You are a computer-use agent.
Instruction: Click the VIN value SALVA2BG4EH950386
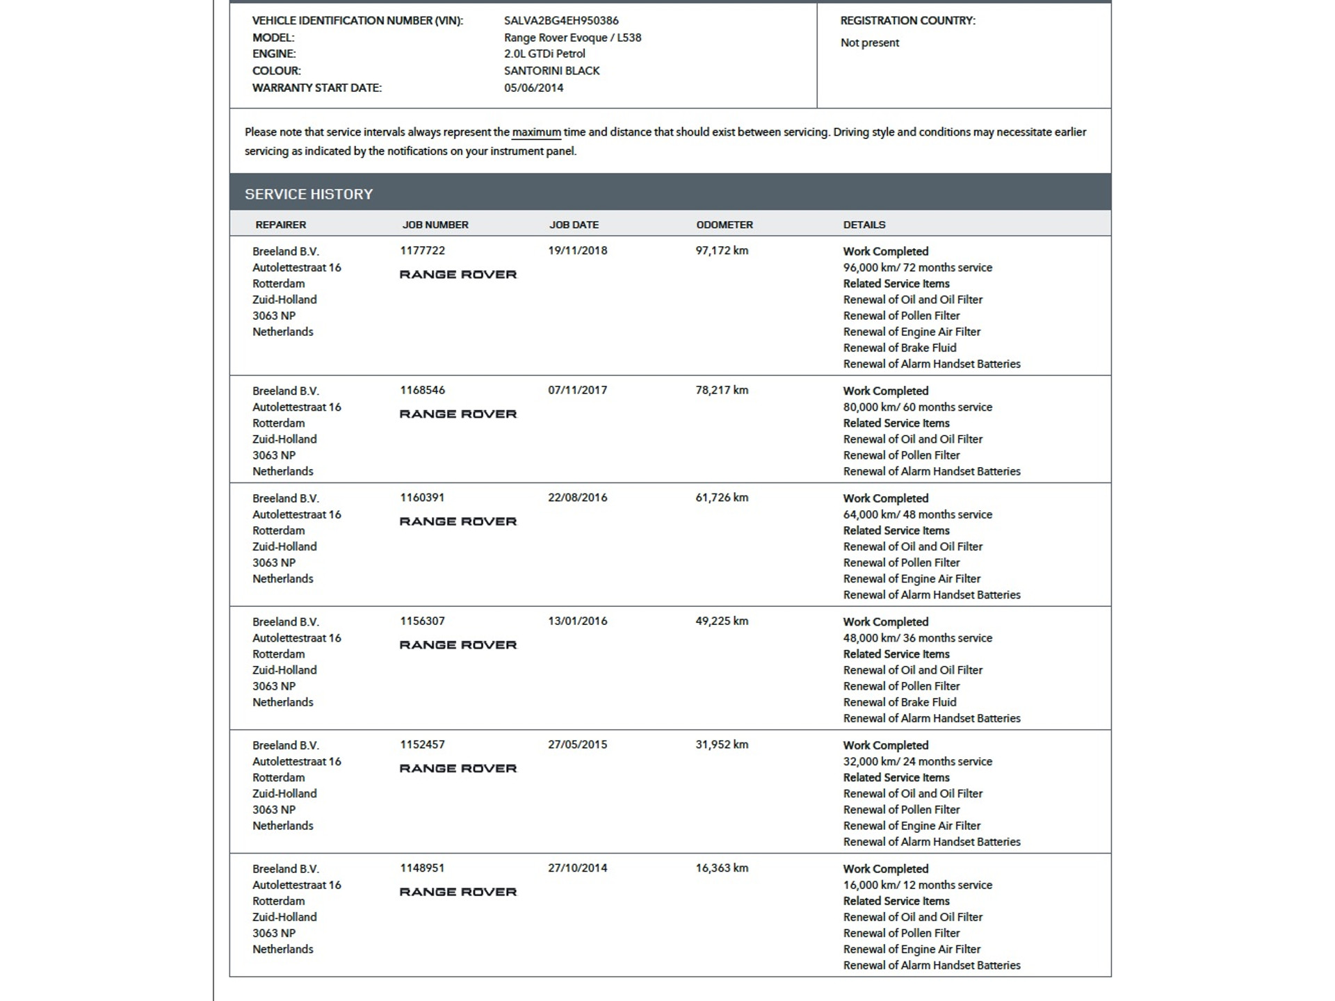(561, 21)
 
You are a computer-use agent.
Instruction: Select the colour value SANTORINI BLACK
(551, 71)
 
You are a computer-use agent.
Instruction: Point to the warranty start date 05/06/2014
(533, 88)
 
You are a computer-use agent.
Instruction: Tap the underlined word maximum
(536, 132)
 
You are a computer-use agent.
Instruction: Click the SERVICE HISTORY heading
(309, 195)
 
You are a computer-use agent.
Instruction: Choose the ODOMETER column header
(725, 225)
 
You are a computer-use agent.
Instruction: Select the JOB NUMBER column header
(435, 225)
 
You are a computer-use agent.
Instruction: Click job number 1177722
(422, 251)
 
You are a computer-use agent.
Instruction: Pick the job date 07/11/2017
(577, 391)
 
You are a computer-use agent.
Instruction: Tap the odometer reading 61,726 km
(722, 498)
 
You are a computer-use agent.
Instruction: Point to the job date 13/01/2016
(577, 621)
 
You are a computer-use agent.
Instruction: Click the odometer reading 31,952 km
(722, 744)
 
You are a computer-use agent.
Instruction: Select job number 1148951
(422, 868)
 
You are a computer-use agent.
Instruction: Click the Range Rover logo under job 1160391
(458, 522)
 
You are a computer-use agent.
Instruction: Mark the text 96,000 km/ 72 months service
(917, 268)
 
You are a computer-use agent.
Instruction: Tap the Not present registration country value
(869, 43)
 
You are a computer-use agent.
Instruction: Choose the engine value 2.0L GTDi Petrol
(544, 54)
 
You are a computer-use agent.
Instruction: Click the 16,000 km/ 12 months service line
(917, 885)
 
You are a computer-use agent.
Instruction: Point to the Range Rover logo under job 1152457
(458, 769)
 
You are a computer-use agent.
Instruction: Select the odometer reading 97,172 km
(722, 251)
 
